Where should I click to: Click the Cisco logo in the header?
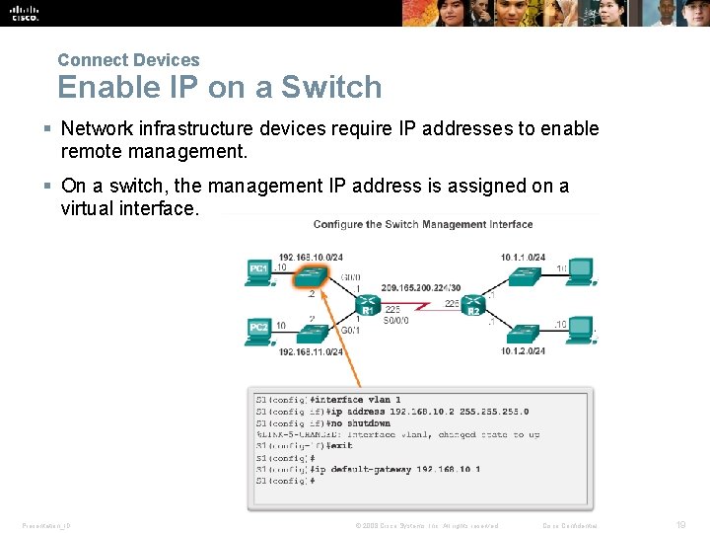pos(26,13)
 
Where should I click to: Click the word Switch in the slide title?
pos(331,87)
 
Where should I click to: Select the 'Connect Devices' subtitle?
pos(128,60)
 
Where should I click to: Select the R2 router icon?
pos(472,304)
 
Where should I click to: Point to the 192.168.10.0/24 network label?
pos(311,257)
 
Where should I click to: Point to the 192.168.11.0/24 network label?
pos(311,352)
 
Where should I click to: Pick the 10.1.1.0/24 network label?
pos(523,257)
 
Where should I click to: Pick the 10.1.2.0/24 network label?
pos(523,351)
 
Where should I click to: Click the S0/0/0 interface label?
pos(396,321)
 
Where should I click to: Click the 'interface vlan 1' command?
pos(356,400)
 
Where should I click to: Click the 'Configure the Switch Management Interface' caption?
pos(422,225)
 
